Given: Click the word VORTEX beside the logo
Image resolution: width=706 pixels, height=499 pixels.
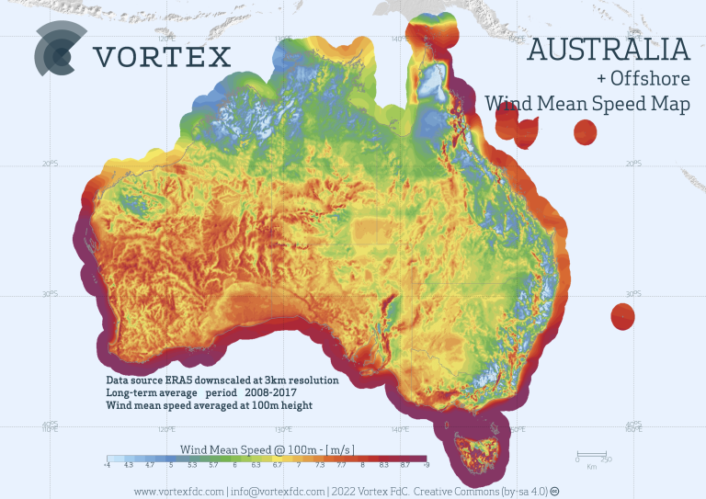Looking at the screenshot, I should [x=163, y=57].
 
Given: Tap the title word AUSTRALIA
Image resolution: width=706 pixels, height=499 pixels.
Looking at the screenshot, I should [x=608, y=50].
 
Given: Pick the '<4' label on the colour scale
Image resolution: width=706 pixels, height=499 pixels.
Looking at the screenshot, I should [x=108, y=466].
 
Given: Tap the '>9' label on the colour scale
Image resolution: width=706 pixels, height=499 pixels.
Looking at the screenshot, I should [x=425, y=466].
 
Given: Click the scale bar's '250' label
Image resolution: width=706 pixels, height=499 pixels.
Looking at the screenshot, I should [x=606, y=459].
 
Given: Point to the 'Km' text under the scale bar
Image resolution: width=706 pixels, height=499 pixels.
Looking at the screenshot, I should [x=590, y=467].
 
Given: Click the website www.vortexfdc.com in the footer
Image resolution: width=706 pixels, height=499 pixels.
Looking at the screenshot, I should [x=179, y=491].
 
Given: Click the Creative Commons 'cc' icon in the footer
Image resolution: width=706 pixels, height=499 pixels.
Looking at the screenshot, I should [x=554, y=491].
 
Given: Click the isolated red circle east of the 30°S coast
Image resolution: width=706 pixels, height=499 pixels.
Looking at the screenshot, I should [x=622, y=317].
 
